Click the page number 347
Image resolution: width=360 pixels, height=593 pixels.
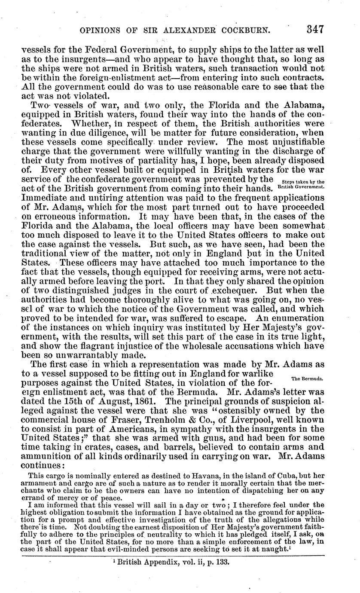click(x=314, y=30)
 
